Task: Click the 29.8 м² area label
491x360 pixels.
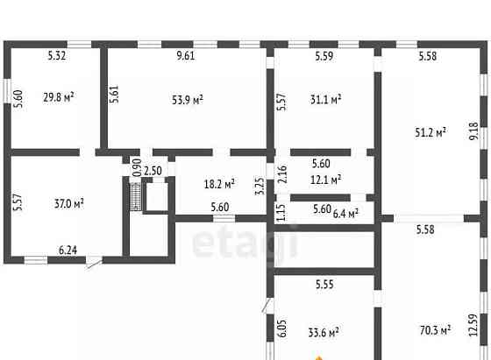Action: (x=59, y=97)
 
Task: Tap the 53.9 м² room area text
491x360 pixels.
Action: (x=188, y=100)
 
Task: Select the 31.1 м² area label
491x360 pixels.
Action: (x=325, y=100)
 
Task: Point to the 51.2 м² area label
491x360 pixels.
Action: (x=431, y=132)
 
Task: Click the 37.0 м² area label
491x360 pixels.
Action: (x=69, y=203)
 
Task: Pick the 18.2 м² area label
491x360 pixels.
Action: (x=219, y=184)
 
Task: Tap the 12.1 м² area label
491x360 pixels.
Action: (x=325, y=180)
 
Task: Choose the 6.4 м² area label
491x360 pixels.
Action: (x=345, y=214)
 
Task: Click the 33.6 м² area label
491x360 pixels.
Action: (x=324, y=332)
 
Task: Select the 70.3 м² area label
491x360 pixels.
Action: (x=435, y=330)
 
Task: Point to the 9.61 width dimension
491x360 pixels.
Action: (x=186, y=56)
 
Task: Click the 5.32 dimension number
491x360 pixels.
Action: (x=57, y=56)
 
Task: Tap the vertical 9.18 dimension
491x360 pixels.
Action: (x=474, y=131)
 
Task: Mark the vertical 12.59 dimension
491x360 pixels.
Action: (x=473, y=325)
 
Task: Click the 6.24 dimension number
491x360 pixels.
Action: (x=68, y=251)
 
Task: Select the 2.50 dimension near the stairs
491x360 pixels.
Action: (x=153, y=171)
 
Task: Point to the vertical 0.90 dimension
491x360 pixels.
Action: (x=137, y=167)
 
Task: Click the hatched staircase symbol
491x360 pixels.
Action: (x=136, y=196)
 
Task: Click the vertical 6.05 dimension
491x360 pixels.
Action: (x=281, y=328)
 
